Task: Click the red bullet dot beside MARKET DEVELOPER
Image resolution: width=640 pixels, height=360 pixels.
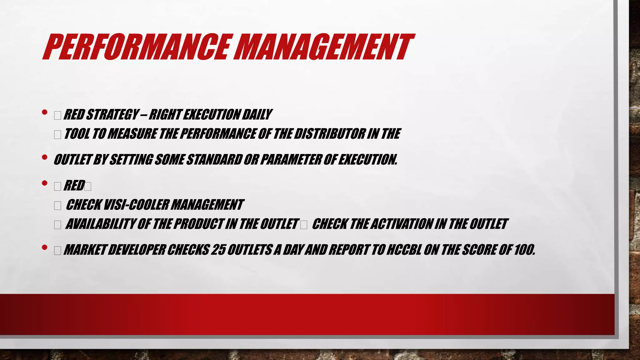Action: [45, 247]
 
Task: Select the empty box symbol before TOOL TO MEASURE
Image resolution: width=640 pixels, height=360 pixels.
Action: [57, 135]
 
